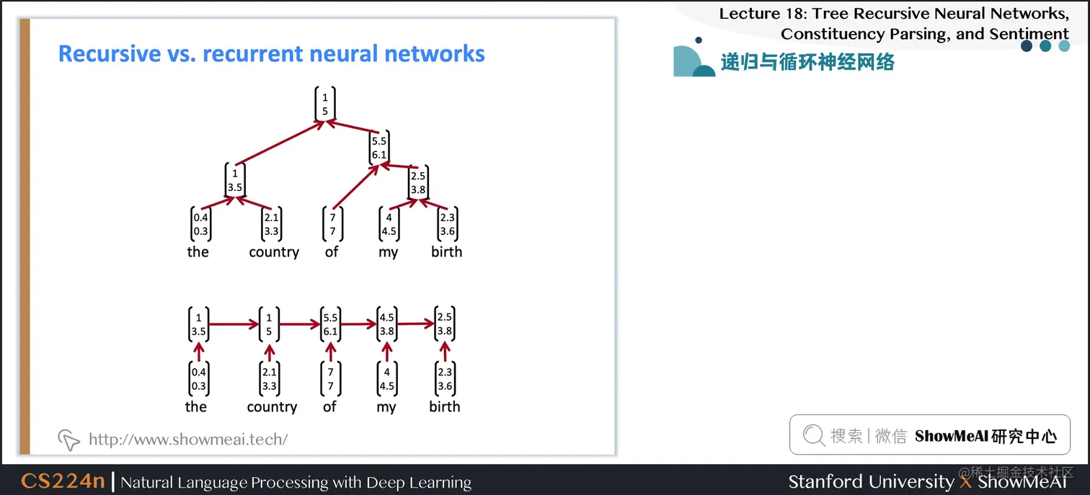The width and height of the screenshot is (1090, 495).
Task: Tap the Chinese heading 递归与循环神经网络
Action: point(807,63)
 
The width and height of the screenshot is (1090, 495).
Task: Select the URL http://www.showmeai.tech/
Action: point(187,439)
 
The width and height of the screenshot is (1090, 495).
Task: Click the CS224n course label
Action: point(63,481)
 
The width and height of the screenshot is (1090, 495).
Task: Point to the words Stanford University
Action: point(870,481)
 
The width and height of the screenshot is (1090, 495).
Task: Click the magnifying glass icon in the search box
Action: point(814,435)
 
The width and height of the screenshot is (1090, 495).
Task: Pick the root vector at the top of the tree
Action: point(325,104)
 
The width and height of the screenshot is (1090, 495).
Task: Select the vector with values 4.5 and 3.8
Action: point(387,325)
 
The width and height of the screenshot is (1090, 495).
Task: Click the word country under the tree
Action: point(274,252)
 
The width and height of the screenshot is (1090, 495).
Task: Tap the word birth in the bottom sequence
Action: point(444,407)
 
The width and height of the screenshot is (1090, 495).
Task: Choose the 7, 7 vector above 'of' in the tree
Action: point(332,225)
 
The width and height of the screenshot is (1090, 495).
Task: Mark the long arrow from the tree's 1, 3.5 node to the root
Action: point(280,143)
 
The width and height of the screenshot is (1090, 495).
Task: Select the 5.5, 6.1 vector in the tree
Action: point(379,148)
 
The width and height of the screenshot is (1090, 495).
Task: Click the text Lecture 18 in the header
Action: point(760,14)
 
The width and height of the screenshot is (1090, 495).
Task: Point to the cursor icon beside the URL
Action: point(68,439)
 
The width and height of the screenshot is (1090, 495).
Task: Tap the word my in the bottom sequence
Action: point(386,408)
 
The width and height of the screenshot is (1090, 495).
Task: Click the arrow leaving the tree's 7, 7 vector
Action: point(356,187)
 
